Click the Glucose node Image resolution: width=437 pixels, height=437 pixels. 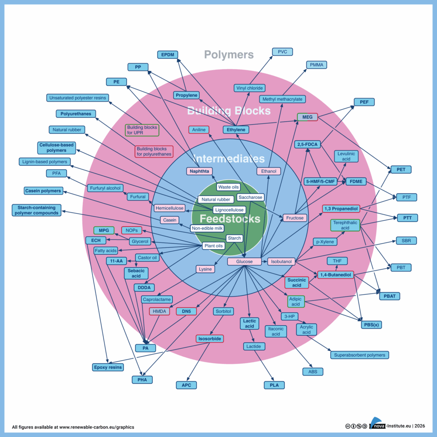tap(242, 262)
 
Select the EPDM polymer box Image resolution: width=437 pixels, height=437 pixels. tap(167, 55)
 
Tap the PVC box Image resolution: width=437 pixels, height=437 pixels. tap(283, 52)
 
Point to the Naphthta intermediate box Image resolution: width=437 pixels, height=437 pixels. tap(199, 171)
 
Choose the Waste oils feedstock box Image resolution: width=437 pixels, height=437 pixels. tap(229, 187)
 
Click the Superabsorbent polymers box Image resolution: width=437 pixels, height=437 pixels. tap(359, 355)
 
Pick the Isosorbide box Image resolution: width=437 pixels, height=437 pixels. tap(210, 339)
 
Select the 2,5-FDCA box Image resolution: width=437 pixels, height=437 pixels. tap(307, 145)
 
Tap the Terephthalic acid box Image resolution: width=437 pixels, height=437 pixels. tap(345, 225)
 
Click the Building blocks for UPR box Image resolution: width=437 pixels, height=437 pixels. tap(142, 130)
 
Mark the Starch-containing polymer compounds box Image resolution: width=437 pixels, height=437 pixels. tap(37, 210)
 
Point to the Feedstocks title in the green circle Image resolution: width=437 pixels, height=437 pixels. tap(230, 219)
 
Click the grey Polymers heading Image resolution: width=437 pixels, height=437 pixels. tap(229, 55)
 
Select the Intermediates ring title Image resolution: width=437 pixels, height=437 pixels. tap(224, 159)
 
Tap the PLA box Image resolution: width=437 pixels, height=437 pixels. tap(274, 385)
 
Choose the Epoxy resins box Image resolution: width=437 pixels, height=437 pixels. tap(108, 367)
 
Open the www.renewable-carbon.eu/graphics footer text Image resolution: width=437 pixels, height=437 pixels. tap(96, 427)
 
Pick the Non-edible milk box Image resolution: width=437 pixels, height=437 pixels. tap(207, 228)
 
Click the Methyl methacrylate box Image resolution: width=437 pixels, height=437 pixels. tap(282, 99)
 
